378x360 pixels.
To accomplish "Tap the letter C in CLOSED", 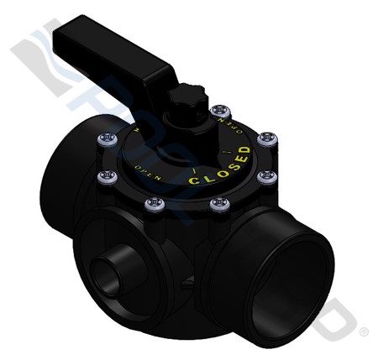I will click(194, 180).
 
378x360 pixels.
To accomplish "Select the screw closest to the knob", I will click(221, 110).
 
